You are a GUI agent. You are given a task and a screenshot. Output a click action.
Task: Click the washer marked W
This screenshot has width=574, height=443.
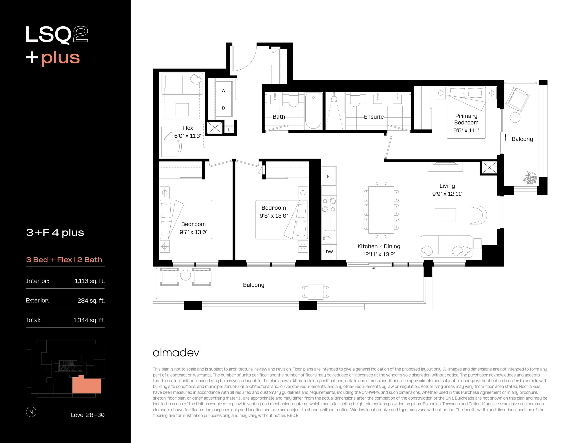tap(223, 90)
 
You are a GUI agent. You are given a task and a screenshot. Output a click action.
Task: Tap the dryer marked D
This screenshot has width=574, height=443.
tap(223, 108)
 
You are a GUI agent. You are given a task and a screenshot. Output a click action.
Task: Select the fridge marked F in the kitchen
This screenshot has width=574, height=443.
tap(328, 176)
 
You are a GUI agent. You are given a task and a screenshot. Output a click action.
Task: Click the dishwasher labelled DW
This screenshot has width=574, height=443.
tap(329, 252)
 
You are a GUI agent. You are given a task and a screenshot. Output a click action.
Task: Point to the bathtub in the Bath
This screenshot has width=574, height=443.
tap(313, 111)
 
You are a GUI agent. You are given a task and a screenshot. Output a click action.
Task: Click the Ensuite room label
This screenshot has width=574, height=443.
tap(374, 117)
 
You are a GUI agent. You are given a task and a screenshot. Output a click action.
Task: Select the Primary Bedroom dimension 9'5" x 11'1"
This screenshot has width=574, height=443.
tap(466, 130)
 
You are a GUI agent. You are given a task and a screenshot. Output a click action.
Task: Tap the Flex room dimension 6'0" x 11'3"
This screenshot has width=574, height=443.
tap(188, 136)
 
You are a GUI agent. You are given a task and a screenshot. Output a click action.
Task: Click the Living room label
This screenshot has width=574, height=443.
tap(447, 186)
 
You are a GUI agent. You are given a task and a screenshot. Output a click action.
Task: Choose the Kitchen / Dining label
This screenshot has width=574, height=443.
tap(379, 246)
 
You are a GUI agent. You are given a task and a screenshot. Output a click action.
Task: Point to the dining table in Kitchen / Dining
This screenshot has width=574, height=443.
tap(381, 210)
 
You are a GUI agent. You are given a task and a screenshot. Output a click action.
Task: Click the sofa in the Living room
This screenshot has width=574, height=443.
tap(446, 246)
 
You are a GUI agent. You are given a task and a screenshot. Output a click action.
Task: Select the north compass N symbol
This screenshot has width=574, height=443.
tap(31, 412)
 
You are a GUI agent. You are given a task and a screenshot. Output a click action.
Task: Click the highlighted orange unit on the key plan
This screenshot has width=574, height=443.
tap(87, 385)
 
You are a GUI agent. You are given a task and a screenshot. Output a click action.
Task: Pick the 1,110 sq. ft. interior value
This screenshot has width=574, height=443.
tap(90, 281)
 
